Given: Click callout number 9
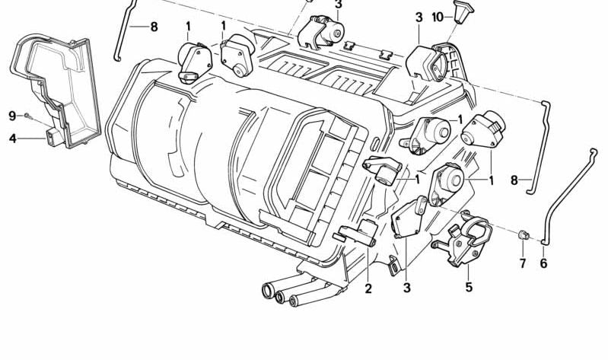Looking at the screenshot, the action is coord(12,116).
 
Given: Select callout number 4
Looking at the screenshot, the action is coord(13,138).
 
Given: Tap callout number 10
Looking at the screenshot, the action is coord(438,18).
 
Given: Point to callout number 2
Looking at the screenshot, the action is coord(368,288).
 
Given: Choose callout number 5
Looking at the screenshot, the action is coord(470,287).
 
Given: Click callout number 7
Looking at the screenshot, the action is coord(523,263).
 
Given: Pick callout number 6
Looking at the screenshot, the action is coord(543,263).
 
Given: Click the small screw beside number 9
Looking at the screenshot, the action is coord(27,115).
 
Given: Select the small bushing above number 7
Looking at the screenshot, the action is coord(524,234).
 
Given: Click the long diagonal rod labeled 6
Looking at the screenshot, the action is coord(565,199).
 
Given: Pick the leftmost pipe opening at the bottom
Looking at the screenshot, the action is coord(267,290).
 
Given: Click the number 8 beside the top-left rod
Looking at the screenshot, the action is coord(154,27).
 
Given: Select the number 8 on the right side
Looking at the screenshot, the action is coord(514,180).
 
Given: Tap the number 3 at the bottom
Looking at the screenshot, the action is coord(406,288).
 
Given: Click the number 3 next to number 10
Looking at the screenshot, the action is coord(419,18).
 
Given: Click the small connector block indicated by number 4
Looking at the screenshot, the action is coord(53,137).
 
